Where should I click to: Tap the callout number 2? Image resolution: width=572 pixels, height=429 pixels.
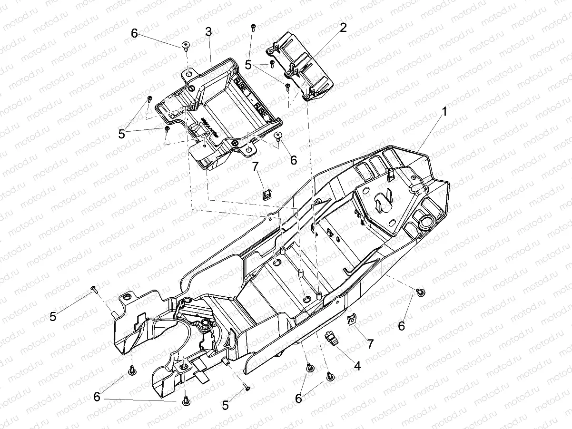click(343, 28)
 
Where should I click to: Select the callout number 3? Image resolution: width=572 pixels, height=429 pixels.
click(208, 32)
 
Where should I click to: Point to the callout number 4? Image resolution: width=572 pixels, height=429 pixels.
click(357, 366)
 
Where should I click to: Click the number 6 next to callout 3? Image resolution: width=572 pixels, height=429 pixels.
click(134, 33)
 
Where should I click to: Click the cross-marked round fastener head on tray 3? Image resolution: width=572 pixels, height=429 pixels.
click(235, 143)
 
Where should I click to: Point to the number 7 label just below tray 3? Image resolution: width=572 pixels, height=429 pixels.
click(255, 166)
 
